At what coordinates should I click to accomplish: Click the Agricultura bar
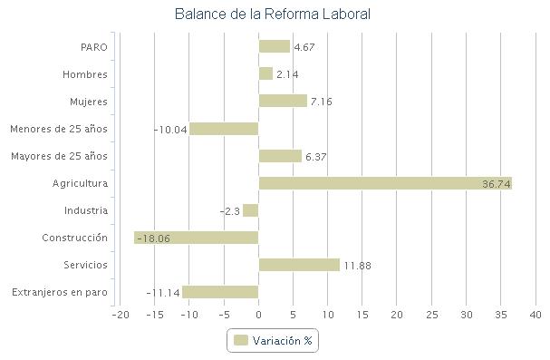pos(385,183)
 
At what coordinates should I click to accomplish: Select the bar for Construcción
pos(196,238)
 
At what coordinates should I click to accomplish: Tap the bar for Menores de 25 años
pos(224,129)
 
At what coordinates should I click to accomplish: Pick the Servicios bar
pos(299,265)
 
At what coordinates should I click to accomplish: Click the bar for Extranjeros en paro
pos(220,292)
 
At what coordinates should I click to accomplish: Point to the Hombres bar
pos(265,74)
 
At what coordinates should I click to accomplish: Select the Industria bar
pos(251,210)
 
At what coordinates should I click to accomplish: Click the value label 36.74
pos(497,184)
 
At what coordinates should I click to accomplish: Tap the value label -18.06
pos(152,238)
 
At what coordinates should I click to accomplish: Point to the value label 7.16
pos(322,102)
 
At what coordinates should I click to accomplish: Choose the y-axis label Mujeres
pos(89,102)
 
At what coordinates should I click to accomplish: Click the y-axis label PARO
pos(94,47)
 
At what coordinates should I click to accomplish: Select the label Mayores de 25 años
pos(59,156)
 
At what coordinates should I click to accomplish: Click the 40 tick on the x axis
pos(536,315)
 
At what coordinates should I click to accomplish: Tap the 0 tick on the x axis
pos(258,315)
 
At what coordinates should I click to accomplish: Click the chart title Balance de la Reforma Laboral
pos(272,15)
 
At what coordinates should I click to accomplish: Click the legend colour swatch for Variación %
pos(241,340)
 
